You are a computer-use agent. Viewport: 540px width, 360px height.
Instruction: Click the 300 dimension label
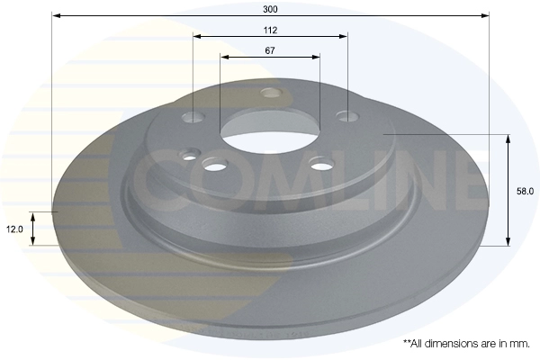270,9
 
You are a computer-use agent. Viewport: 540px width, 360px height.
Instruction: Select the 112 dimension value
270,31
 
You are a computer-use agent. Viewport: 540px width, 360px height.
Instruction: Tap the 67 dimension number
270,50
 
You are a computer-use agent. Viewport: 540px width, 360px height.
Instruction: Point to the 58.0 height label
525,191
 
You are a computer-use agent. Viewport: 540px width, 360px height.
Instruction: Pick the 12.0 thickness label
14,229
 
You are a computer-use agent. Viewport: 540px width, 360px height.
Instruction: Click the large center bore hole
270,130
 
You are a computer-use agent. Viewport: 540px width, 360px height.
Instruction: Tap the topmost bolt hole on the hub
272,93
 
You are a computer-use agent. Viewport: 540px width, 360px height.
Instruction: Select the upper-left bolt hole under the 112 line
193,117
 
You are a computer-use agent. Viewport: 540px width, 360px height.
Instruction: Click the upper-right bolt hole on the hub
347,116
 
